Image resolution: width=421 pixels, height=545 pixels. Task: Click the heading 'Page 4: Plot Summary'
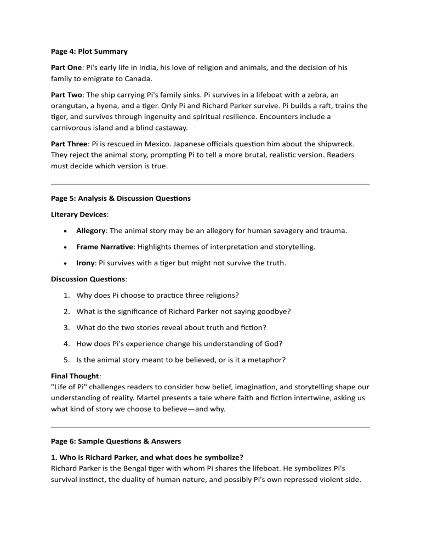pyautogui.click(x=86, y=52)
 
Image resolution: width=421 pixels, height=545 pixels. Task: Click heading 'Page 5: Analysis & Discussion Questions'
pyautogui.click(x=117, y=198)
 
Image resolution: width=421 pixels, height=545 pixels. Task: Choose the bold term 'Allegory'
pyautogui.click(x=90, y=231)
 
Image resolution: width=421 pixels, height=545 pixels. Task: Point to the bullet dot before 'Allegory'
pyautogui.click(x=66, y=231)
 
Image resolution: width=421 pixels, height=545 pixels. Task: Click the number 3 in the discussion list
pyautogui.click(x=66, y=328)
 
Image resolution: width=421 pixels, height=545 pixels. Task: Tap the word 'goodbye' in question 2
pyautogui.click(x=273, y=311)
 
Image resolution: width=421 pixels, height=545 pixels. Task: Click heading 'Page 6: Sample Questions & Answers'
pyautogui.click(x=113, y=441)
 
